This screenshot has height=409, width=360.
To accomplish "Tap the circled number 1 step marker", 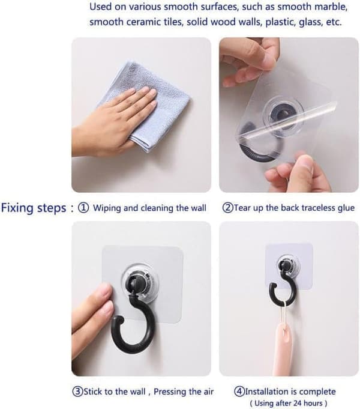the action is pyautogui.click(x=83, y=208).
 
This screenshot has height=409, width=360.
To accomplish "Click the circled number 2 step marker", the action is pyautogui.click(x=227, y=208).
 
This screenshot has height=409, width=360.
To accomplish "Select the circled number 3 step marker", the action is pyautogui.click(x=77, y=392).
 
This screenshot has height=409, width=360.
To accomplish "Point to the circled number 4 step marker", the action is pyautogui.click(x=239, y=392).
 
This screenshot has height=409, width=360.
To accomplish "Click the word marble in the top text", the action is pyautogui.click(x=331, y=7).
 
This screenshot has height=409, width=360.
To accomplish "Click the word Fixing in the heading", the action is pyautogui.click(x=17, y=208).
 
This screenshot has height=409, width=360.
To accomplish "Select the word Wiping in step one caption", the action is pyautogui.click(x=107, y=208).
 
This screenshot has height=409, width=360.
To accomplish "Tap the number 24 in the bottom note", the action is pyautogui.click(x=298, y=404).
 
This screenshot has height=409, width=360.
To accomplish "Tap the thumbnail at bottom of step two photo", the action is pyautogui.click(x=305, y=165).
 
